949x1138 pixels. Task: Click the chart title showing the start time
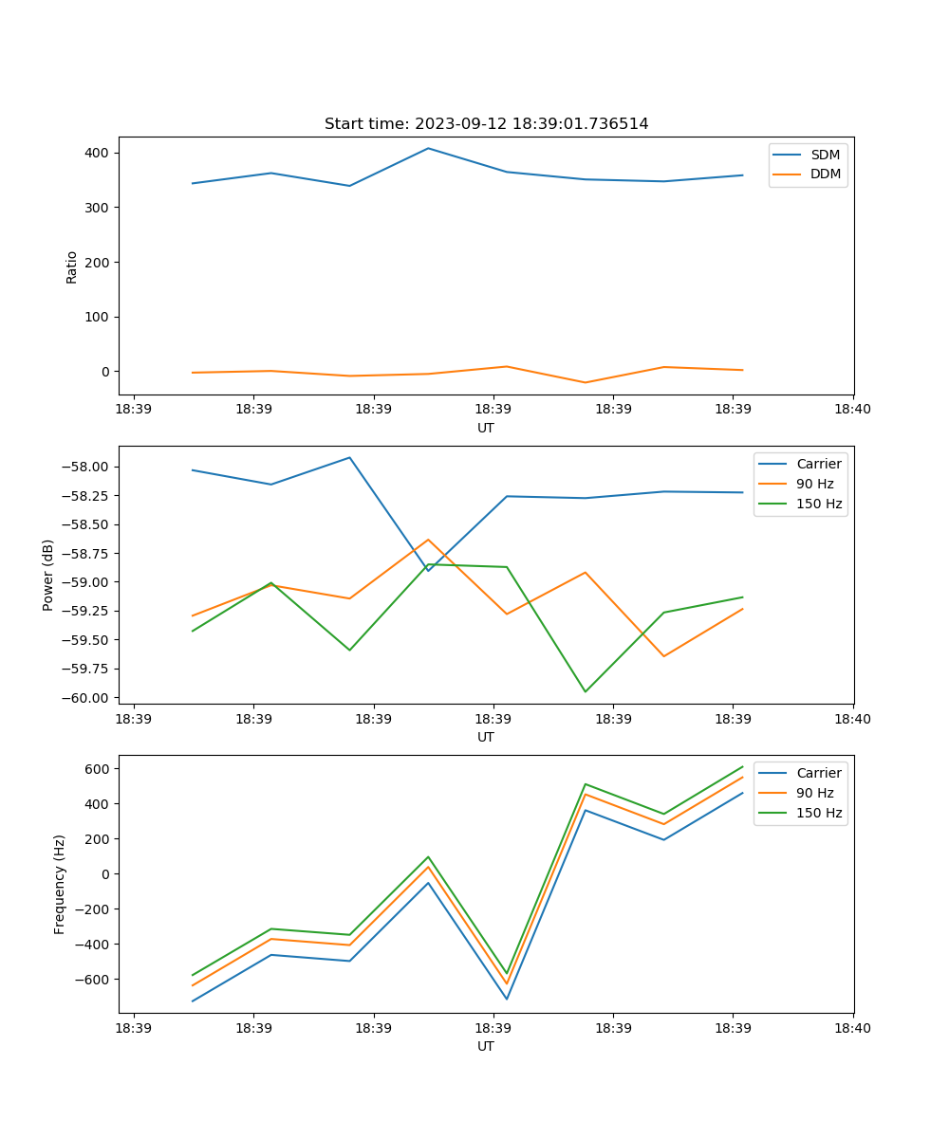point(486,124)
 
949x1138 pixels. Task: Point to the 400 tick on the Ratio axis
point(98,153)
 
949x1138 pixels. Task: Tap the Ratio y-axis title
point(72,266)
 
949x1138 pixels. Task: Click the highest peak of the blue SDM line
point(428,148)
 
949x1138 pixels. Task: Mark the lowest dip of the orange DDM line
point(585,383)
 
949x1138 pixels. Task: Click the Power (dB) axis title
point(48,575)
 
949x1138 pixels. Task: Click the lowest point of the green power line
point(585,691)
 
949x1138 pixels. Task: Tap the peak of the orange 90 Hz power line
point(428,540)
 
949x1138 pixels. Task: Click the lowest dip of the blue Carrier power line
point(428,570)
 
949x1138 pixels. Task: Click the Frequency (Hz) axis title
point(60,884)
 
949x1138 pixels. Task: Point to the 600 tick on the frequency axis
point(98,768)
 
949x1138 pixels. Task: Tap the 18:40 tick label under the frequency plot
point(852,1028)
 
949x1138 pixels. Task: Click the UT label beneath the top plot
point(486,428)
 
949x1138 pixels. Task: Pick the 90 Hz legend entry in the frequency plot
point(814,793)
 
